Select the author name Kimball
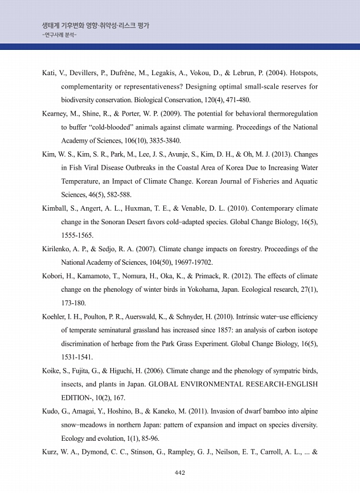(55, 208)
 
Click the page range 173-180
(73, 303)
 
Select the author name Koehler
(55, 316)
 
